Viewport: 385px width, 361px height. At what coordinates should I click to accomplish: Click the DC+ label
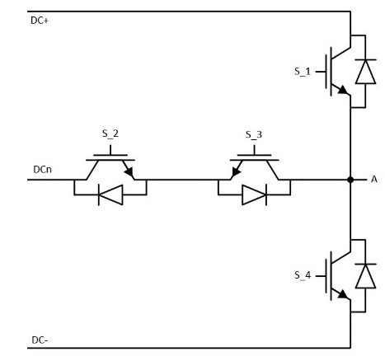tap(40, 21)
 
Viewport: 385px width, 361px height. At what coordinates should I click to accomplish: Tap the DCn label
tap(42, 170)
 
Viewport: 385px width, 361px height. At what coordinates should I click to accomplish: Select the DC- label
tap(40, 340)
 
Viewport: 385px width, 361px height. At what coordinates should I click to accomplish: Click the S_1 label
tap(303, 72)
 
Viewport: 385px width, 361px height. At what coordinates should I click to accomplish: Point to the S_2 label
tap(110, 134)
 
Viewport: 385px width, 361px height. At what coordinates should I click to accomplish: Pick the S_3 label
tap(254, 134)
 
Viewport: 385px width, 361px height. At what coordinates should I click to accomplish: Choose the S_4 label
tap(303, 275)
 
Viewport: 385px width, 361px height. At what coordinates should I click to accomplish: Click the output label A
tap(374, 180)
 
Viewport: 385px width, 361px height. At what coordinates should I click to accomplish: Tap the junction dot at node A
tap(350, 180)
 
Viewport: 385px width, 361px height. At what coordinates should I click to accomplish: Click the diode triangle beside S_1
tap(365, 72)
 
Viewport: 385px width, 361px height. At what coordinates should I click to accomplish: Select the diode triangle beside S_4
tap(365, 276)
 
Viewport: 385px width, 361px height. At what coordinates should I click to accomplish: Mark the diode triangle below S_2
tap(110, 195)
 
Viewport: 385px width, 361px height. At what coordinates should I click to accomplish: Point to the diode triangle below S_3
tap(254, 195)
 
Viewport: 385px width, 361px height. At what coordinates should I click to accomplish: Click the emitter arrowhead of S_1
tap(343, 90)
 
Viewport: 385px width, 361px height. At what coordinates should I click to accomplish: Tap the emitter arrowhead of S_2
tap(129, 172)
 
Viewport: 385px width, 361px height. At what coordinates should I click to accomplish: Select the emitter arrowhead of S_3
tap(236, 172)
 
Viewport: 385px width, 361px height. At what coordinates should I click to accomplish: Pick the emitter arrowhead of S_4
tap(343, 294)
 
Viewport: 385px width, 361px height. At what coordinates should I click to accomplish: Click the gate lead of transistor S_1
tap(321, 72)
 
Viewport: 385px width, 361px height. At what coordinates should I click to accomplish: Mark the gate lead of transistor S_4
tap(321, 276)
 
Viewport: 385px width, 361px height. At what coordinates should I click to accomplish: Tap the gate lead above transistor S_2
tap(110, 150)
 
